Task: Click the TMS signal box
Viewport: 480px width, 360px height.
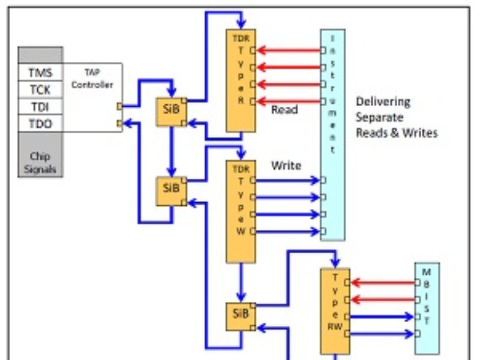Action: [40, 73]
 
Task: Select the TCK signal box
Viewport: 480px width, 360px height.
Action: [40, 90]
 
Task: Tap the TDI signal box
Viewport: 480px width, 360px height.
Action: [40, 107]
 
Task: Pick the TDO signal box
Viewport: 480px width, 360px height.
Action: [40, 124]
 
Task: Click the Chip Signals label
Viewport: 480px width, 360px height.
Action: [40, 163]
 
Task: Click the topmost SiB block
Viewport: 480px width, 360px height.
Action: [171, 111]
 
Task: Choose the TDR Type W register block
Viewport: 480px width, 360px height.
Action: [240, 210]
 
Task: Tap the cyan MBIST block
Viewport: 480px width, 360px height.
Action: [427, 307]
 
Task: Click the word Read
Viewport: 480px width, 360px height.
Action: [284, 110]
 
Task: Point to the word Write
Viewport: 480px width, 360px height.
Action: [286, 165]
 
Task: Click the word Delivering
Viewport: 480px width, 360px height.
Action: [383, 101]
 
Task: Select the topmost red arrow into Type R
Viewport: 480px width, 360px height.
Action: [288, 50]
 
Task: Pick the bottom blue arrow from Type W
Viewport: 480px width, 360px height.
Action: [288, 231]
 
